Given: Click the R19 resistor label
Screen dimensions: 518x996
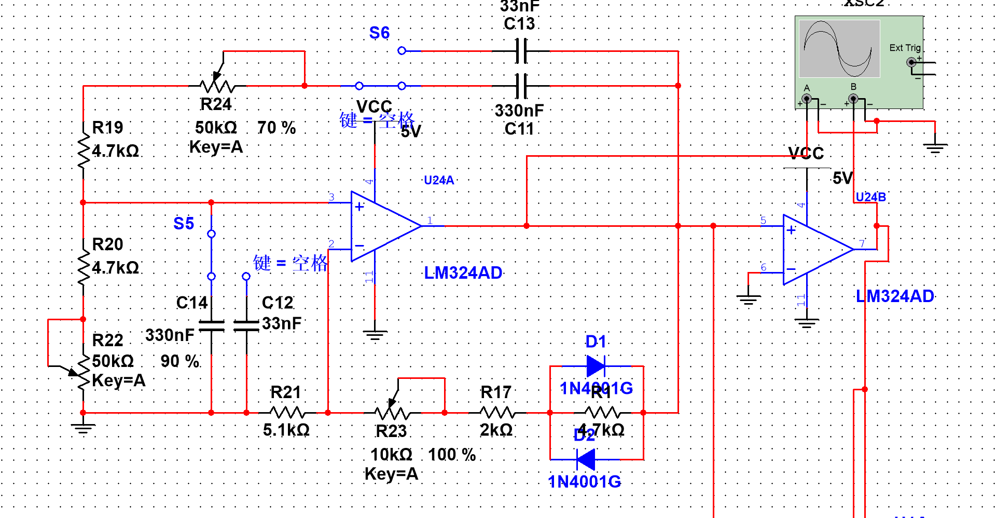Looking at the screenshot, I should point(107,127).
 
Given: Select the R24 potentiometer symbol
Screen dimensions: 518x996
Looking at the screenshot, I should point(218,85).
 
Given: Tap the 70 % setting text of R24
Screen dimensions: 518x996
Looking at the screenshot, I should point(276,128).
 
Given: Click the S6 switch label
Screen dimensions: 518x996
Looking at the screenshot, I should point(379,33).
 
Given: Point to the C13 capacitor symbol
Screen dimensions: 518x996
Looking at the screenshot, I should point(521,51).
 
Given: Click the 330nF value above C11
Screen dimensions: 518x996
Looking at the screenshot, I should point(519,111).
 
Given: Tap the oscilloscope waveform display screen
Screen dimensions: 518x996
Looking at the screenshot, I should point(839,49).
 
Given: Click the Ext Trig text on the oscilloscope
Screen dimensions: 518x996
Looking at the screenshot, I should point(905,48).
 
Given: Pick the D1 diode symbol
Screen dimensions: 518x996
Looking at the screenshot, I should point(596,366).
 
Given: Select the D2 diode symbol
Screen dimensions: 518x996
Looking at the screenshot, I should point(586,459).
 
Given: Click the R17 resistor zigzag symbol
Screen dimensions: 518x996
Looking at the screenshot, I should point(497,413).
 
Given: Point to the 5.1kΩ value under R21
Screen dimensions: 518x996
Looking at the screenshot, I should point(286,430).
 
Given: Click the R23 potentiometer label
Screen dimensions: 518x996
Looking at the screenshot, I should point(391,431).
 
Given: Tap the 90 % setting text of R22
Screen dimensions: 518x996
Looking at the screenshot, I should point(180,361).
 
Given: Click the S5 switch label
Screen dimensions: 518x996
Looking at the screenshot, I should point(184,224).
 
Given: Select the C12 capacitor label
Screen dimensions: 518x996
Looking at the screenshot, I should point(278,303).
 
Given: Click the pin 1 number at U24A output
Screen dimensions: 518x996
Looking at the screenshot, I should point(430,221).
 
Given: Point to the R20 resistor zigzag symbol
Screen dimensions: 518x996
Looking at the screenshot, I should point(83,267).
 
